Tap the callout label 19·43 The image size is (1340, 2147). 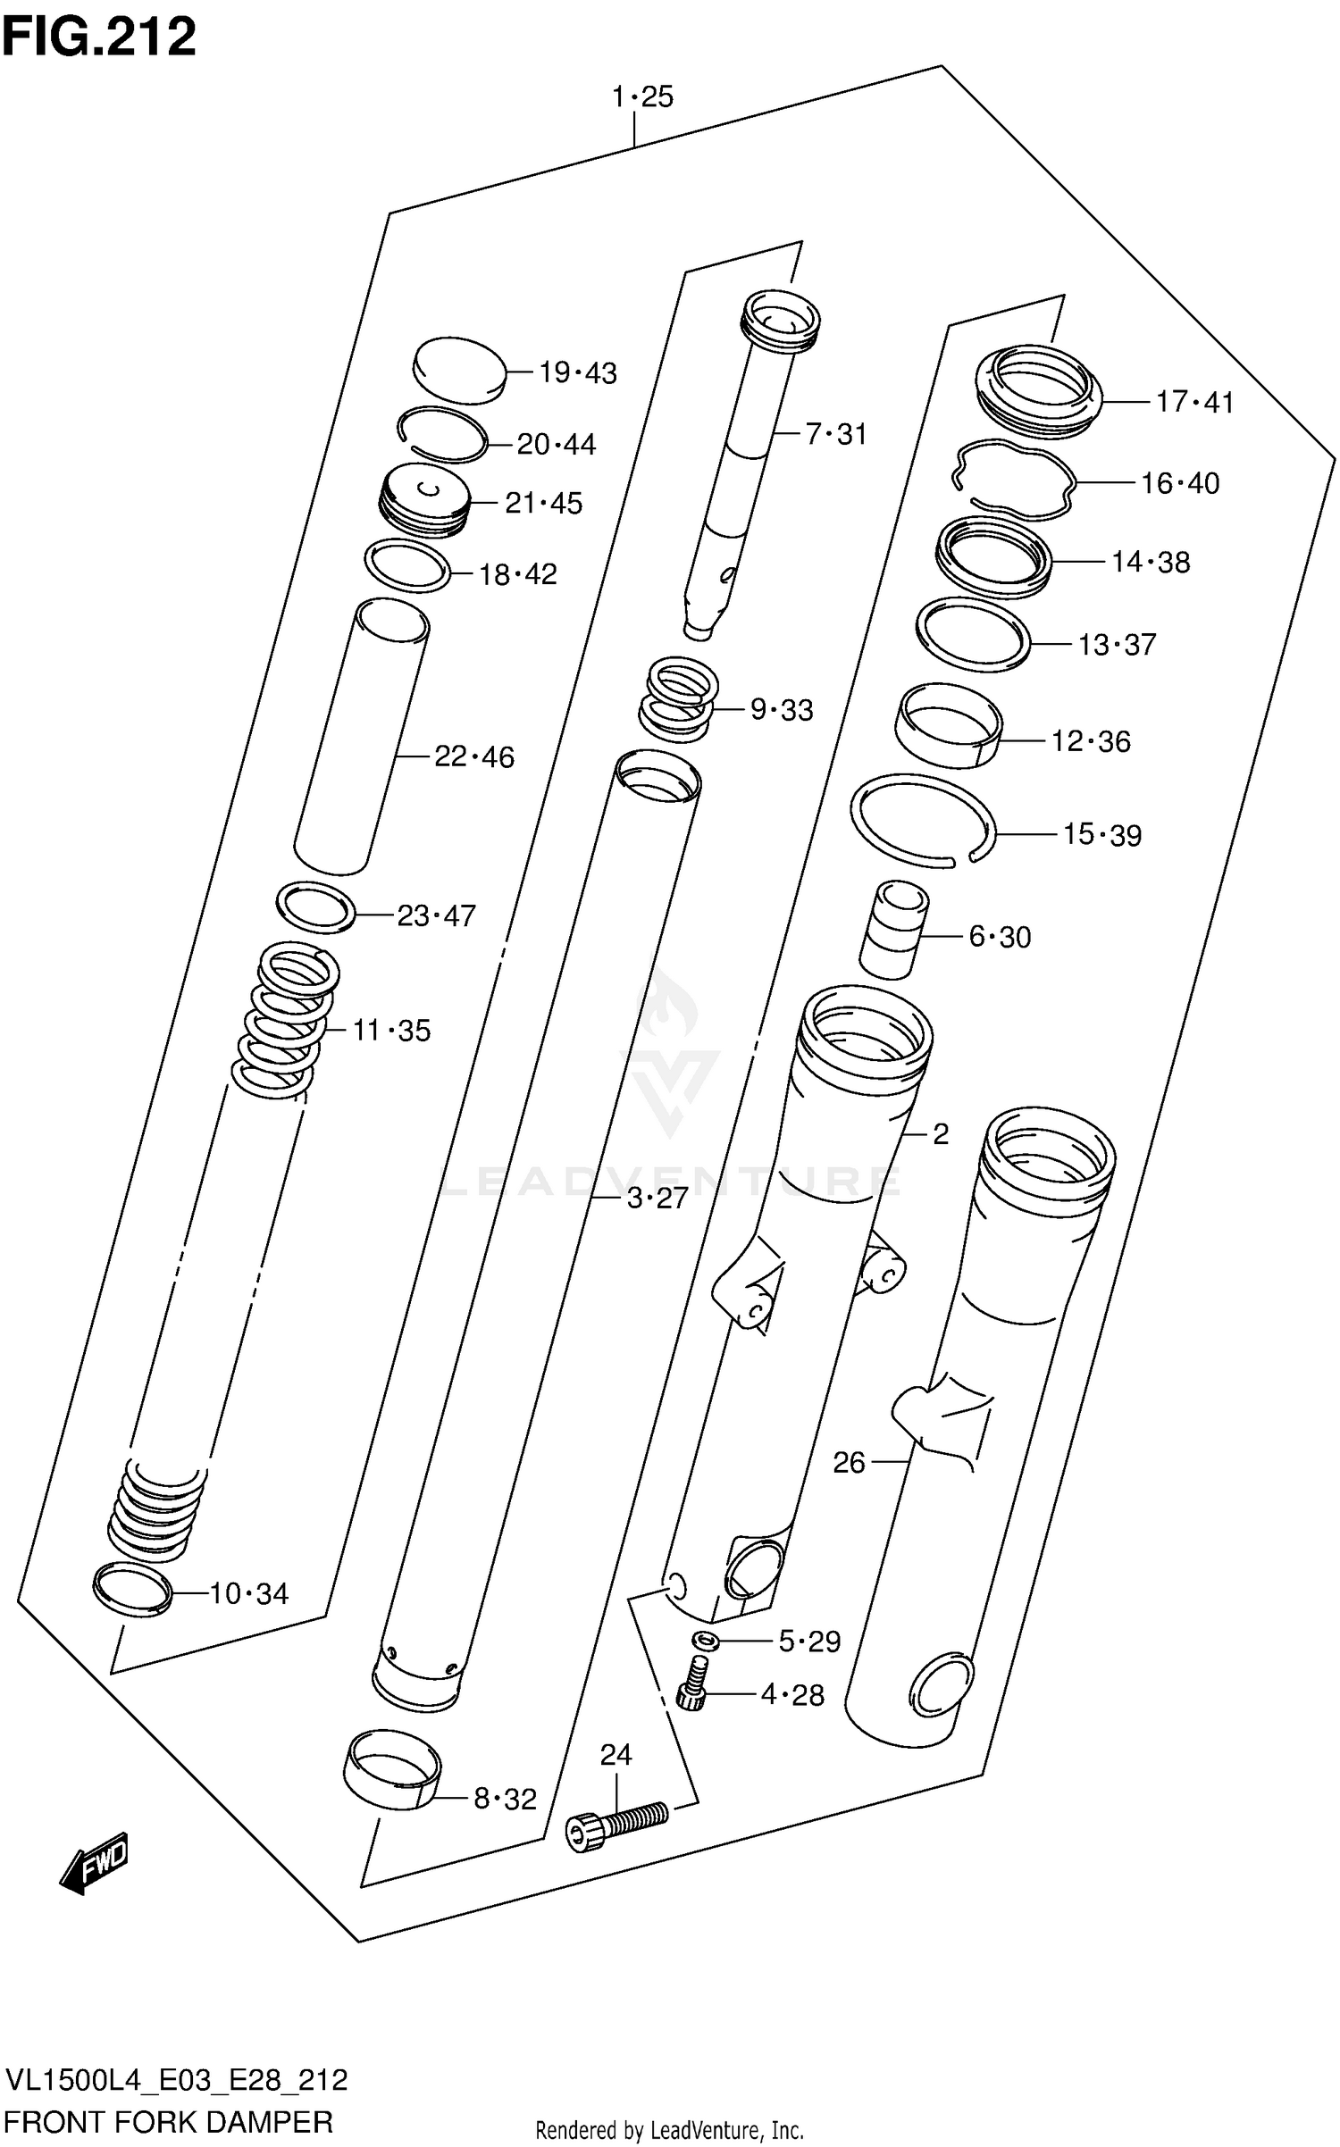(x=577, y=372)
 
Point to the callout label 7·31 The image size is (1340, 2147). (x=835, y=434)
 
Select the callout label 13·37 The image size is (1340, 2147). (x=1116, y=644)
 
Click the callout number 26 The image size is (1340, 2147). (x=849, y=1462)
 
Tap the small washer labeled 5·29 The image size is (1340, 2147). (x=706, y=1639)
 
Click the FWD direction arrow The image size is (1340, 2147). (x=96, y=1862)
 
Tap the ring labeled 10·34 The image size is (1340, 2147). (x=132, y=1589)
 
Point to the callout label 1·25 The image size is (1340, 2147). (x=641, y=96)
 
